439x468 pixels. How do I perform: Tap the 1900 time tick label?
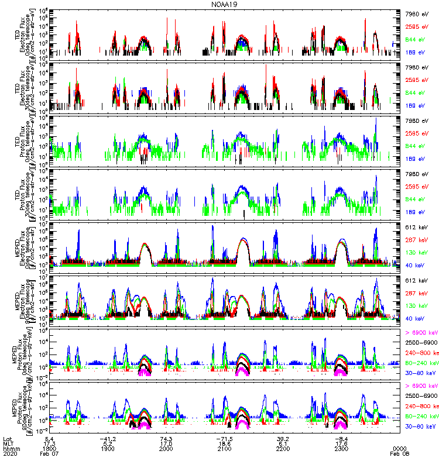108,449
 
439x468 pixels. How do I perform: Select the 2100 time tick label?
225,449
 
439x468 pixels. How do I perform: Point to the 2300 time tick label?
342,449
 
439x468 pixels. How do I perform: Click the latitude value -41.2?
108,438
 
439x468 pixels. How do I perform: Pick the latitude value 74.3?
167,438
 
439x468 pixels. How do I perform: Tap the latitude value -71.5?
225,438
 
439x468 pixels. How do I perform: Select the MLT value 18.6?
225,443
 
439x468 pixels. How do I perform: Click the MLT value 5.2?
108,443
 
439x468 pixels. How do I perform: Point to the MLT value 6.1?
284,443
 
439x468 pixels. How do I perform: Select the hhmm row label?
11,449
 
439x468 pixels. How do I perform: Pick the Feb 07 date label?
49,454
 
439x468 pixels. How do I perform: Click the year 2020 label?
10,454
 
